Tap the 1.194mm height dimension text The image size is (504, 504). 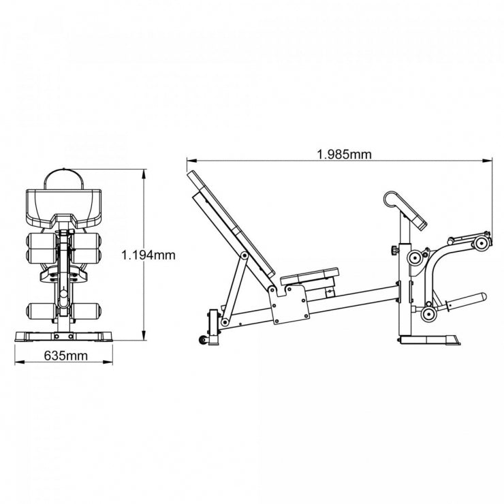coord(148,255)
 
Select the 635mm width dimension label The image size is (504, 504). coord(66,355)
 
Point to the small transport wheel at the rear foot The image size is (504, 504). coord(202,340)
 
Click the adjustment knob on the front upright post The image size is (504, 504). coord(394,251)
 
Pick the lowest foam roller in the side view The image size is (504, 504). coord(429,314)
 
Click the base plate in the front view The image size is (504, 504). coord(64,336)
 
